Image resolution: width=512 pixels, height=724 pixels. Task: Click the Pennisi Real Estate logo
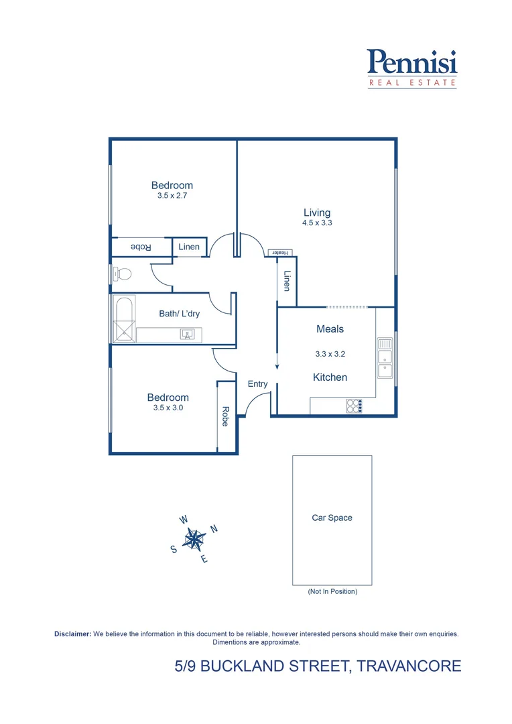[412, 68]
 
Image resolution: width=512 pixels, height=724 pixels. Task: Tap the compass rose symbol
[194, 538]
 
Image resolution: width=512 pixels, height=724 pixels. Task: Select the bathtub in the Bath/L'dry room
[124, 318]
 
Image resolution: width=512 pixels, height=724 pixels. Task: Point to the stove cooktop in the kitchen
[354, 406]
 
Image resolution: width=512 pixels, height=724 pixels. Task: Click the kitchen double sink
[385, 356]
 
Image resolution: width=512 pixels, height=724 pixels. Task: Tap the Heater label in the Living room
[279, 253]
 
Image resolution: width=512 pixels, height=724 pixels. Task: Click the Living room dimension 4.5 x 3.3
[317, 223]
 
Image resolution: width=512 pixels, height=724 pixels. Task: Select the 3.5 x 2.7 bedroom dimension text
[172, 196]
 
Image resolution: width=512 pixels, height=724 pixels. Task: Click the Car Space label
[332, 518]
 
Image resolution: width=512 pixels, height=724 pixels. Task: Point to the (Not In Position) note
[332, 591]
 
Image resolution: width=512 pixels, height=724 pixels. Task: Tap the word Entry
[257, 384]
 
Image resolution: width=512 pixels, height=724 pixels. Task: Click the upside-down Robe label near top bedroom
[141, 247]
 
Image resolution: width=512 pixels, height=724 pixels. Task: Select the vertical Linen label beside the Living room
[287, 281]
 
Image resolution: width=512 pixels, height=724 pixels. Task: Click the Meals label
[330, 329]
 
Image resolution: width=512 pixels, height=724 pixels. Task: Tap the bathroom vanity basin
[187, 334]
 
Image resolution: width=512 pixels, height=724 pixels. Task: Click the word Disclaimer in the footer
[72, 633]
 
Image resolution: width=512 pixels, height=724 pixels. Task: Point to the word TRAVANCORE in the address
[409, 666]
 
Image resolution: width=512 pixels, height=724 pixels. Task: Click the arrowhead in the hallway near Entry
[277, 365]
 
